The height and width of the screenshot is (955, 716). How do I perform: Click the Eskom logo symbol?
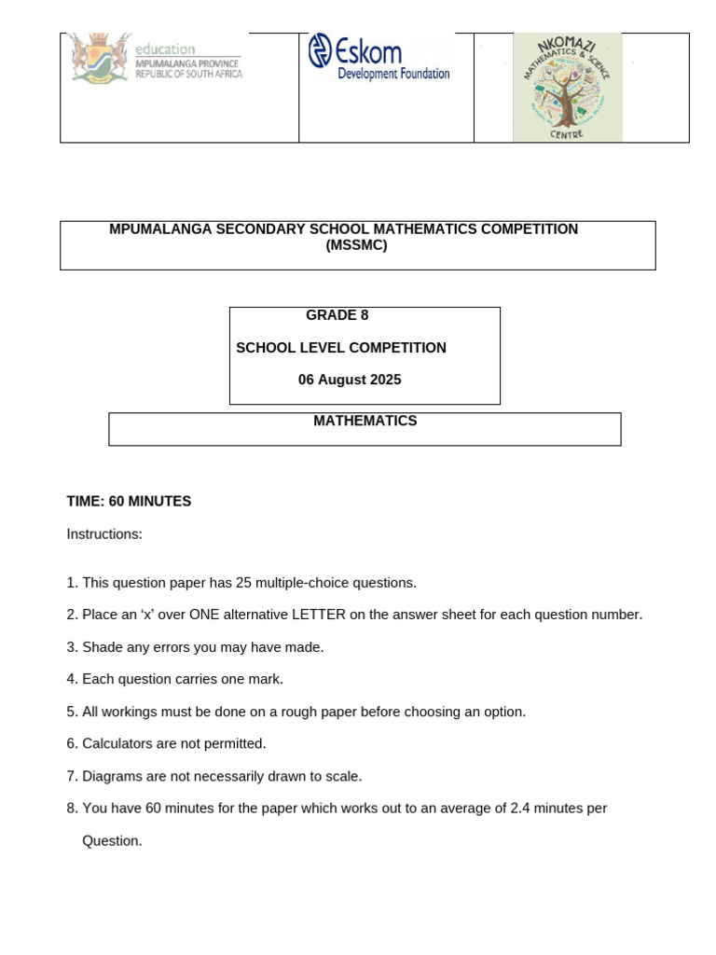320,50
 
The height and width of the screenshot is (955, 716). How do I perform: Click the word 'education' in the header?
165,48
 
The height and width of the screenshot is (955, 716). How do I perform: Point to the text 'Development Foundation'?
392,74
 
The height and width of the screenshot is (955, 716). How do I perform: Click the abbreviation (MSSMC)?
356,246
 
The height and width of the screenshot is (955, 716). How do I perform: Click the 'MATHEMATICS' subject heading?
365,421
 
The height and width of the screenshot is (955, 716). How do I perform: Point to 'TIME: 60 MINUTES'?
129,502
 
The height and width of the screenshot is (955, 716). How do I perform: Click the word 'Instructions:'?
104,534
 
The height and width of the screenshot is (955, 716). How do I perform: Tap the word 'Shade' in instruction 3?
101,647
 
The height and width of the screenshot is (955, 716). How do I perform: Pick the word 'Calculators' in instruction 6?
117,743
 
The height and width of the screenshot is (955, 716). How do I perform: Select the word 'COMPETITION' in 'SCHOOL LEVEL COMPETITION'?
402,348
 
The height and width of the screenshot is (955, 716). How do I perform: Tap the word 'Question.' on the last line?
112,840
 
